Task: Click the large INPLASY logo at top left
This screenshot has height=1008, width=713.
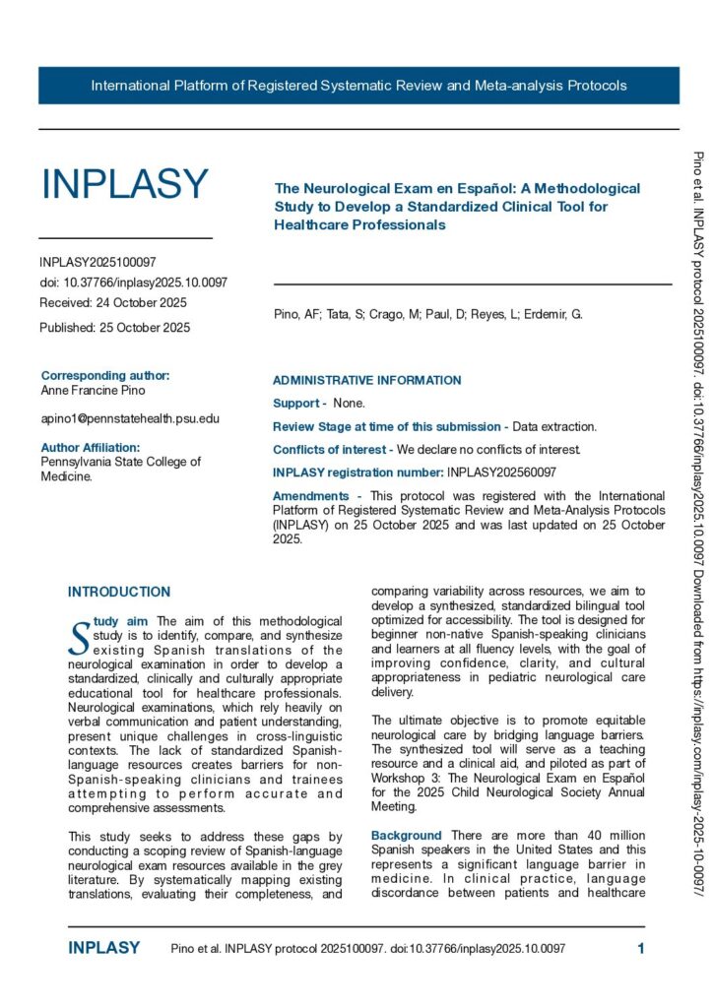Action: [x=124, y=184]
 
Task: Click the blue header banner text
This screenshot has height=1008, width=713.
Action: [x=358, y=86]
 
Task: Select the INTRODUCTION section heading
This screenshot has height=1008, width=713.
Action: [x=119, y=592]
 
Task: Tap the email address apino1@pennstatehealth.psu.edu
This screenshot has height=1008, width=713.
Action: [x=130, y=418]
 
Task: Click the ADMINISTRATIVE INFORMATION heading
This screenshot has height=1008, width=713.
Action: [x=366, y=380]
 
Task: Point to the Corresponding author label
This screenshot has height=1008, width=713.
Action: [x=105, y=375]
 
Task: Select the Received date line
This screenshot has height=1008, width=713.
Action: [x=113, y=302]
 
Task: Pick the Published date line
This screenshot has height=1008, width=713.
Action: [x=115, y=327]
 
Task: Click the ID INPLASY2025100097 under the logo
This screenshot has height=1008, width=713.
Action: [x=97, y=262]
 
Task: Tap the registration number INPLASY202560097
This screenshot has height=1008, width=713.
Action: [x=501, y=472]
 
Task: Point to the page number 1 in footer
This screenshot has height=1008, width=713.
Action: [x=641, y=948]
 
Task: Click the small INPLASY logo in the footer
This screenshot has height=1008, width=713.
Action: [x=104, y=948]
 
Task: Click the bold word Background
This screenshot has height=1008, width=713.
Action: [x=406, y=836]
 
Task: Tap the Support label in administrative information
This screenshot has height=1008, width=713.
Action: [x=297, y=404]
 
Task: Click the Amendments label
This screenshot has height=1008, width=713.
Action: [x=310, y=496]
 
